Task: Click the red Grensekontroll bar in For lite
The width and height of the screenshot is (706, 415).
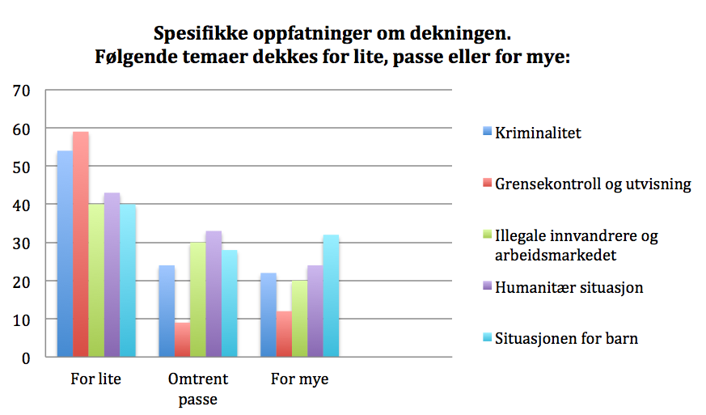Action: [x=80, y=243]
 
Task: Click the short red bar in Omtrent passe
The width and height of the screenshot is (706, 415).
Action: [x=182, y=339]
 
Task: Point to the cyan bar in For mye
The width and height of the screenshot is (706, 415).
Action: [x=330, y=295]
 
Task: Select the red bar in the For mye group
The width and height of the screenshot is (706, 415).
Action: [x=283, y=333]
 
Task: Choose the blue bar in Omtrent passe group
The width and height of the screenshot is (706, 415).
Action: [x=167, y=311]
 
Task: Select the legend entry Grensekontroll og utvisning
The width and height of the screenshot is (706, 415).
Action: [x=593, y=184]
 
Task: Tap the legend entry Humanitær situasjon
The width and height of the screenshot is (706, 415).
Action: [x=569, y=287]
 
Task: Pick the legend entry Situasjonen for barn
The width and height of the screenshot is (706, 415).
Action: [x=567, y=338]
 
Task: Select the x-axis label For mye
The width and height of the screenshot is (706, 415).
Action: [x=299, y=379]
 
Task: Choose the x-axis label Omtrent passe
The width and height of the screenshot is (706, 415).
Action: [x=198, y=388]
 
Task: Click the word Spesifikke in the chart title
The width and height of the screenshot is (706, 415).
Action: [x=200, y=36]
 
